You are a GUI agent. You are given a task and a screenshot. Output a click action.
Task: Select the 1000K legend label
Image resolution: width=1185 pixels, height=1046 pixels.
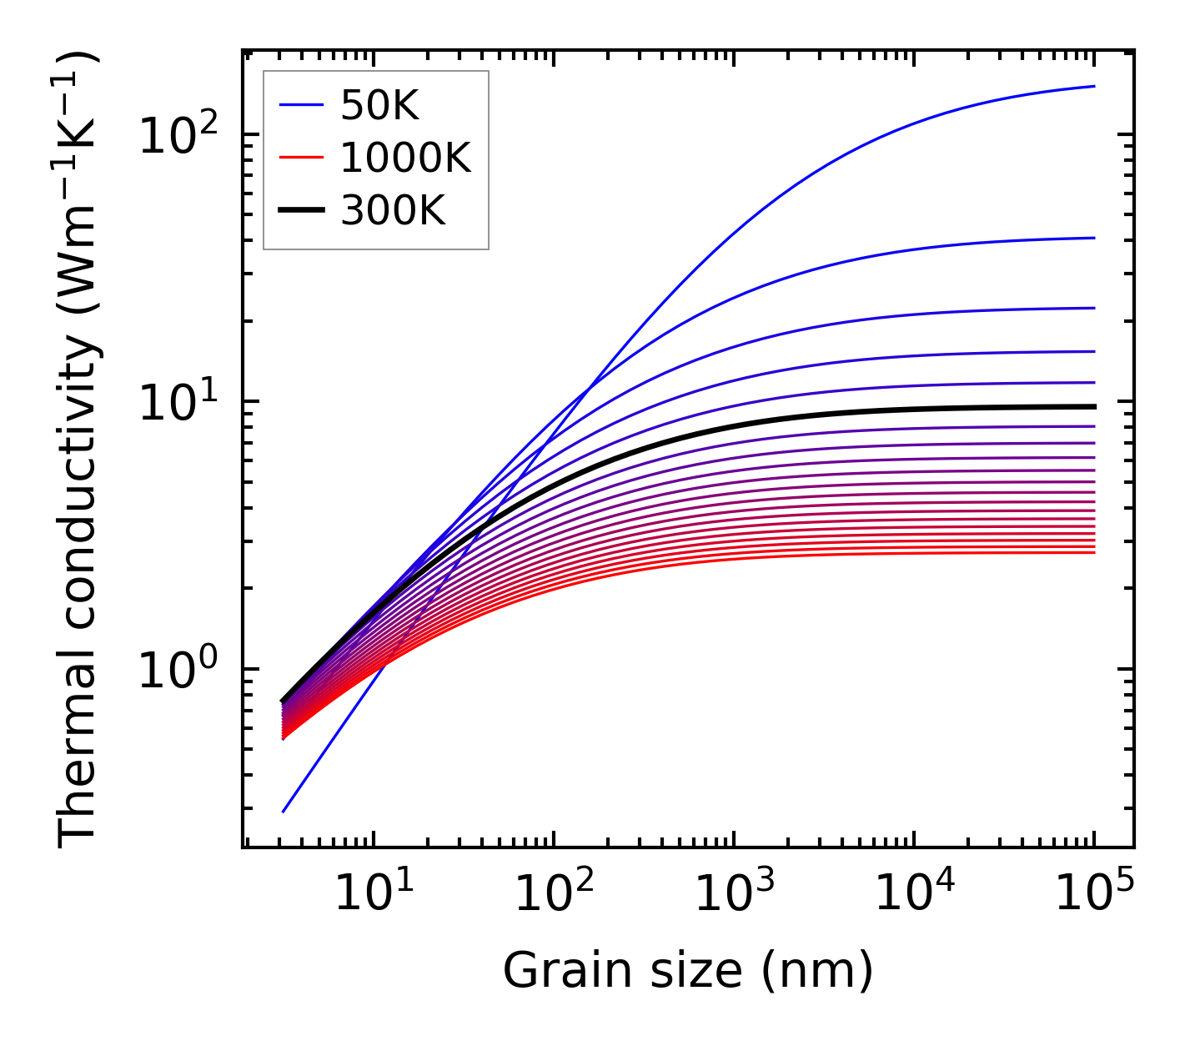click(405, 158)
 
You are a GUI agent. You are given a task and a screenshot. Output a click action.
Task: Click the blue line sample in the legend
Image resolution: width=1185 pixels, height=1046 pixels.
click(300, 105)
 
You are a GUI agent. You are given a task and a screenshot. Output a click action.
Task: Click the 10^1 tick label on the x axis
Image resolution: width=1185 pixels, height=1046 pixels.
click(373, 894)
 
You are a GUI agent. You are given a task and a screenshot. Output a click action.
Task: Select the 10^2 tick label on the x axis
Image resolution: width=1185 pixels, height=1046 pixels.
click(553, 894)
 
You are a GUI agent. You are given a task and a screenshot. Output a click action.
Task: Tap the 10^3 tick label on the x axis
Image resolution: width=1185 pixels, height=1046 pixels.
click(733, 894)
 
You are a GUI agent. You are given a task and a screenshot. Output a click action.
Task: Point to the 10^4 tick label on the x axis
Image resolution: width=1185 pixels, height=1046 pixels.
click(914, 894)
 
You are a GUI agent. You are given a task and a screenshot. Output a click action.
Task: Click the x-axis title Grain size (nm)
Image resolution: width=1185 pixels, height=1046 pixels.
click(688, 970)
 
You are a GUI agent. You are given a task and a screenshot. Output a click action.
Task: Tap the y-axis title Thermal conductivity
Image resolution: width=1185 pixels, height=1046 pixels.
click(78, 450)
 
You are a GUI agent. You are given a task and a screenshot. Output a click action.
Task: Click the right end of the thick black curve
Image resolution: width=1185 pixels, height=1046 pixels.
click(1093, 406)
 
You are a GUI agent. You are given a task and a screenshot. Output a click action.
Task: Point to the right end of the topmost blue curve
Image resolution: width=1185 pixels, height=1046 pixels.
click(1093, 86)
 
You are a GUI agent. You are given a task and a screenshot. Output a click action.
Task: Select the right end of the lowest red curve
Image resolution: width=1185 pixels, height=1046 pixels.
click(1093, 552)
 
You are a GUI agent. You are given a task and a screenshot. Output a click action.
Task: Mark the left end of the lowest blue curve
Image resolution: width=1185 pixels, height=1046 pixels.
click(284, 811)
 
